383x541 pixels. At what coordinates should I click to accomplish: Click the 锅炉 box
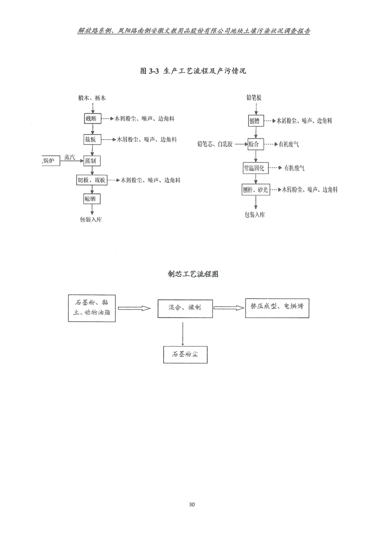[x=50, y=160]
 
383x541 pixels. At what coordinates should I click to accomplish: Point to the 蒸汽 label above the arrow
[x=70, y=157]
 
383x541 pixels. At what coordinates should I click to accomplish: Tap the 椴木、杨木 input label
[x=91, y=98]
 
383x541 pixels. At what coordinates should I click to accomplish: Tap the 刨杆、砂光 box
[x=255, y=190]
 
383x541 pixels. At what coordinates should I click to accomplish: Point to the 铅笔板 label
[x=254, y=98]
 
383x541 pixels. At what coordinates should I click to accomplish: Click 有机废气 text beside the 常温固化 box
[x=295, y=168]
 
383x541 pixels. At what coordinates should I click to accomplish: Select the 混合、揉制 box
[x=184, y=307]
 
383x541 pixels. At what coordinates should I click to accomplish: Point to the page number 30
[x=192, y=504]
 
